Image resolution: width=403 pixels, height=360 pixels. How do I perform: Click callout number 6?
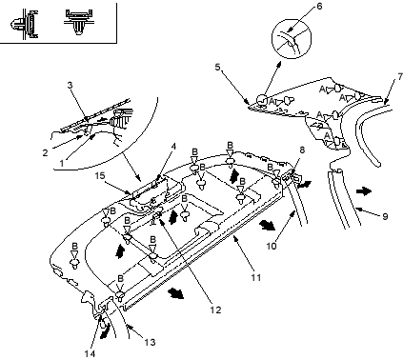point(319,6)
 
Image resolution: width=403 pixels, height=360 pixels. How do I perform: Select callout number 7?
point(400,76)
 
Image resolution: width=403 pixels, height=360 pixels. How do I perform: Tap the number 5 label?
point(217,68)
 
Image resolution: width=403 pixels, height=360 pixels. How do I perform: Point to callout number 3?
point(70,85)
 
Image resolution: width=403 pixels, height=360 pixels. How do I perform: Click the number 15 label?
point(100,175)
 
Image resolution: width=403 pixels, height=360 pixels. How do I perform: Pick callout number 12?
point(215,310)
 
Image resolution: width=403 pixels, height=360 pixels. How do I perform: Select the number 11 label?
point(256,277)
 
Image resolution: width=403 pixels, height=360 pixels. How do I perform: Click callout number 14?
point(90,353)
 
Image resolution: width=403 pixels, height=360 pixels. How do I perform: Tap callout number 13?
point(150,342)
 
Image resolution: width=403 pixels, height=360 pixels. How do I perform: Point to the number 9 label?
point(385,216)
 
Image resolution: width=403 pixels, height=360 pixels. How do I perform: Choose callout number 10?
point(272,246)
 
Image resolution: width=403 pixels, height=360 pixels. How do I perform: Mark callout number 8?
point(302,150)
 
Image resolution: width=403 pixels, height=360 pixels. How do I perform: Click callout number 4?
point(173,147)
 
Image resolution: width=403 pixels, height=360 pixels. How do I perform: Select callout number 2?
point(46,152)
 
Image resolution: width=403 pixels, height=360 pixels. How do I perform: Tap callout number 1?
point(62,163)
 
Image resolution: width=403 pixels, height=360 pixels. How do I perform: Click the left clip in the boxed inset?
point(25,24)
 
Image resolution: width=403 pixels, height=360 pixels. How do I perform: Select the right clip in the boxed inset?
point(78,22)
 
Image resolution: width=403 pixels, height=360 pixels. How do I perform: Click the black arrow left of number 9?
point(363,191)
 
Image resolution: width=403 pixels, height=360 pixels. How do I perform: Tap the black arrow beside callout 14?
point(105,330)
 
